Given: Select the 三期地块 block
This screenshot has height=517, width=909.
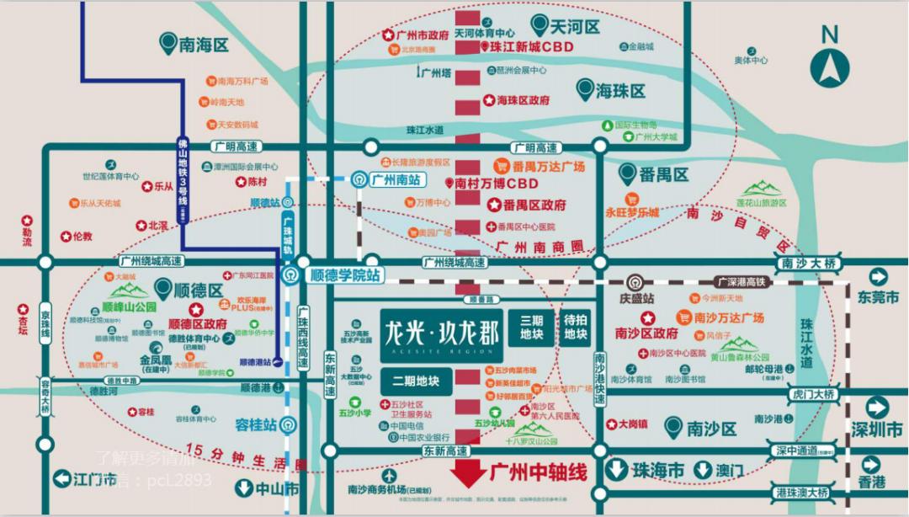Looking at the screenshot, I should click(532, 328).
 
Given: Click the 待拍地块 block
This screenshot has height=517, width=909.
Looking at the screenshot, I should click(576, 328).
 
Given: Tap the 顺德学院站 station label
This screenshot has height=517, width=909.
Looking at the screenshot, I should click(345, 274).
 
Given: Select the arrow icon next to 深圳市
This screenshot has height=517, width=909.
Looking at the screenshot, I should click(878, 408).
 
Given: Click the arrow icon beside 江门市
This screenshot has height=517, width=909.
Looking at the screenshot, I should click(61, 479).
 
